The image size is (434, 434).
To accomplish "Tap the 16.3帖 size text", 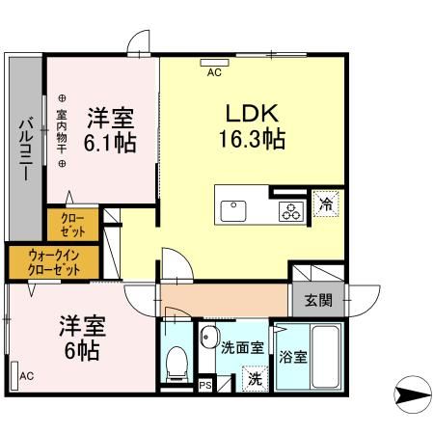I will point(248,138).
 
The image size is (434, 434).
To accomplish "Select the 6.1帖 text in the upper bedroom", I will point(109,143).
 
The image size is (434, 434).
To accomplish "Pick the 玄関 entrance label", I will point(318,300).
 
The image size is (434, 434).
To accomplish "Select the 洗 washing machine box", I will point(254,379).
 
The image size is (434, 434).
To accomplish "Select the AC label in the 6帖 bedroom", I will point(26,375).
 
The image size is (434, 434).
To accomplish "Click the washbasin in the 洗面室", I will point(208,339).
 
